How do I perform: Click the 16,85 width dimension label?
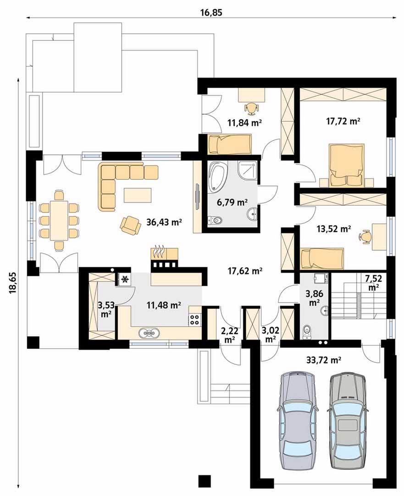(211, 12)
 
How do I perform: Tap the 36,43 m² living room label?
(164, 222)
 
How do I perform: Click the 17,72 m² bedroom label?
(343, 121)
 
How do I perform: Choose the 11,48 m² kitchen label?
(164, 305)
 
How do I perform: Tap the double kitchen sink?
(149, 333)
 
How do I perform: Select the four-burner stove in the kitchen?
(195, 319)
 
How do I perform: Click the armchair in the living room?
(130, 225)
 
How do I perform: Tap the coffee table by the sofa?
(138, 195)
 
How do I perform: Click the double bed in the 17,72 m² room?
(347, 165)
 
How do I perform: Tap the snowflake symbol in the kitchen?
(125, 279)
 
